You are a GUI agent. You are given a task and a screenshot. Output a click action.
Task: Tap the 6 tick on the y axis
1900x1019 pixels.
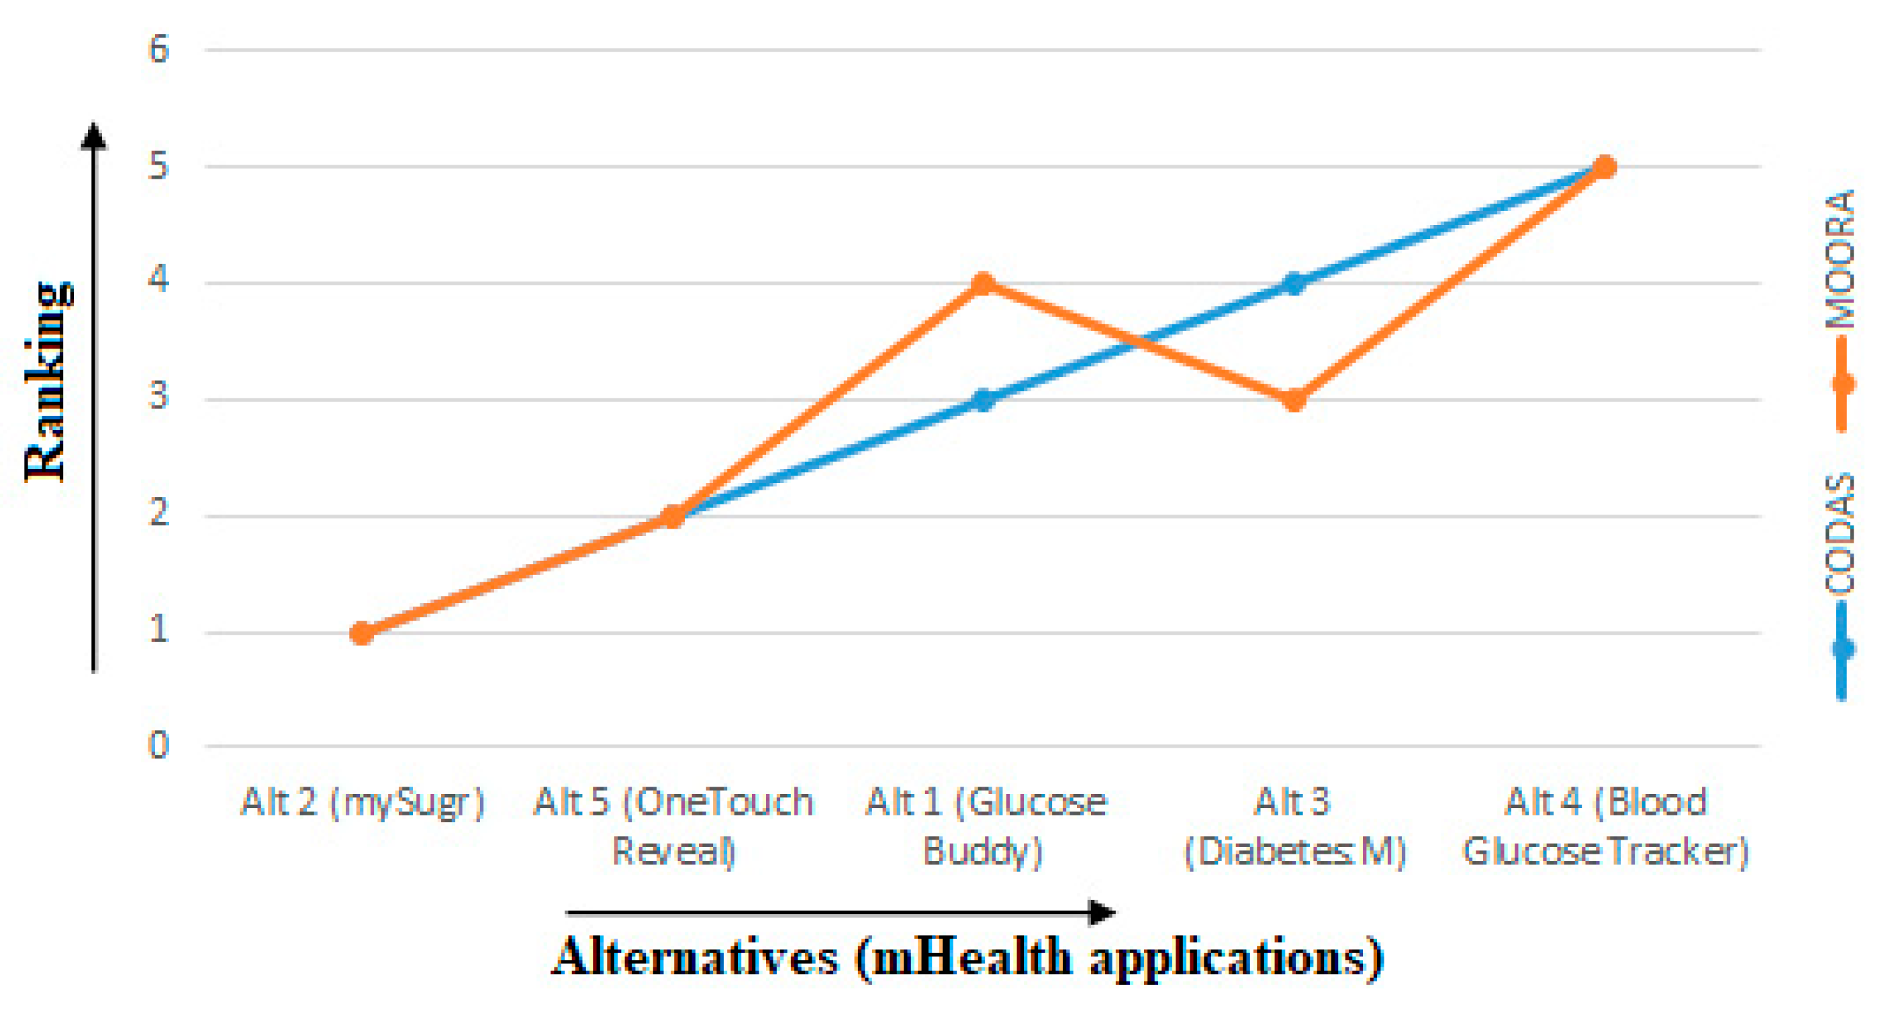(158, 50)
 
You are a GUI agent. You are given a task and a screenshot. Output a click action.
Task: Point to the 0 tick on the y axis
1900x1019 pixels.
(158, 745)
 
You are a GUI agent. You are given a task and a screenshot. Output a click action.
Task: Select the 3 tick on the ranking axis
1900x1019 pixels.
(158, 398)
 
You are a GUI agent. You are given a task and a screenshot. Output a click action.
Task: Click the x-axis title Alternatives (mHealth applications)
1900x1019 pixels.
(967, 957)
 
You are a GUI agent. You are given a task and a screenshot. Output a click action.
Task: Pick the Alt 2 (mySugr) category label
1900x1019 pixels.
(362, 803)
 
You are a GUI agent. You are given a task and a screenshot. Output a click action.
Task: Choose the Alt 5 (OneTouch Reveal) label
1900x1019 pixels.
(673, 826)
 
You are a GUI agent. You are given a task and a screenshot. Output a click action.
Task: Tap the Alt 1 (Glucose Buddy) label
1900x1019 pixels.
(986, 826)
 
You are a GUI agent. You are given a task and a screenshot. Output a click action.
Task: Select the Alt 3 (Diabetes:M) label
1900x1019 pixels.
(1294, 826)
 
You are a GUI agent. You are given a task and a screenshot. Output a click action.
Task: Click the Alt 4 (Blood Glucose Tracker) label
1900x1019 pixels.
(1606, 826)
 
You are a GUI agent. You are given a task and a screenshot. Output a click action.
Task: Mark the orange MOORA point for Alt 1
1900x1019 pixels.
(983, 283)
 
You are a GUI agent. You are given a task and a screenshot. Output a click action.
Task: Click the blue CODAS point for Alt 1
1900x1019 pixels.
(983, 400)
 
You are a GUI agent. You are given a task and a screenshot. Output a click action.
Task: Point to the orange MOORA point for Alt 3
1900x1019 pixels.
(1294, 400)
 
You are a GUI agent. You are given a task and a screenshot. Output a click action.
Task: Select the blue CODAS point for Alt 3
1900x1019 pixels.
(1294, 283)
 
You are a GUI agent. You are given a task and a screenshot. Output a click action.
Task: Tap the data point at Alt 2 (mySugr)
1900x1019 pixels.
(361, 633)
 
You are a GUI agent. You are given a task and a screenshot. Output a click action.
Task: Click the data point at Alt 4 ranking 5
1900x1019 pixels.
(1605, 167)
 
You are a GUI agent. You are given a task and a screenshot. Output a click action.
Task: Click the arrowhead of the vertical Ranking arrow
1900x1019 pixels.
(94, 136)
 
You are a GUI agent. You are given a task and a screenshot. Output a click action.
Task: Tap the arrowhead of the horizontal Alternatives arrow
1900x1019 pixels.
(1102, 913)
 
